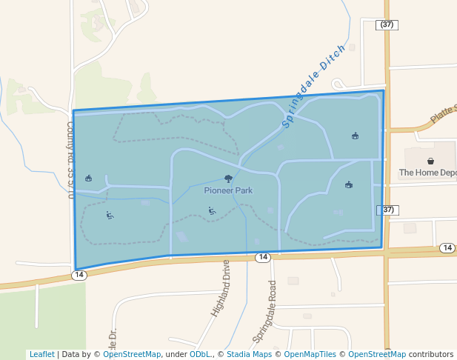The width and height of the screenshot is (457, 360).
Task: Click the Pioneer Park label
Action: (x=228, y=190)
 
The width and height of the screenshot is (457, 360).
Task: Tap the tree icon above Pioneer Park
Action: (x=228, y=179)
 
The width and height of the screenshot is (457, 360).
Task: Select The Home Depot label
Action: (x=427, y=173)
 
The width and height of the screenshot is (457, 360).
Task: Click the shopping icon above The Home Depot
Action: (x=430, y=160)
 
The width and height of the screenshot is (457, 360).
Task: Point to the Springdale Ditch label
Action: (x=314, y=87)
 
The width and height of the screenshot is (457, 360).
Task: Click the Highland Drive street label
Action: (x=221, y=288)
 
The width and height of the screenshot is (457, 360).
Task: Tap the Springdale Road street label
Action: (x=264, y=311)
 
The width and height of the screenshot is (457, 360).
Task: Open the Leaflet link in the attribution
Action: (x=41, y=354)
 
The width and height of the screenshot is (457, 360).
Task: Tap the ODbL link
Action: (x=200, y=354)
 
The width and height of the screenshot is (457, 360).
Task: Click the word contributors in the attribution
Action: (x=430, y=354)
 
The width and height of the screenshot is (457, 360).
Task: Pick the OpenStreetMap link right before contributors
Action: (x=377, y=354)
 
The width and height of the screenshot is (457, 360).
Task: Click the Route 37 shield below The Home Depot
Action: (x=387, y=210)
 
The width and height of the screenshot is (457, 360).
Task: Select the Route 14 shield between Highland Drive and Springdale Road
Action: (x=262, y=257)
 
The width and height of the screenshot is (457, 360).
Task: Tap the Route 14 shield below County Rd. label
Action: (x=80, y=275)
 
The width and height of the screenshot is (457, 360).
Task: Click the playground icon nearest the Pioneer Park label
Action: (x=212, y=210)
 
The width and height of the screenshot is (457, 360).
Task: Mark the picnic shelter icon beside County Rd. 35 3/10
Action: (x=89, y=178)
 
